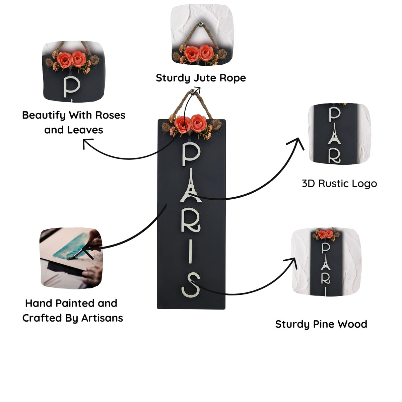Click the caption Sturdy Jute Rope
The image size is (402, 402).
point(201,78)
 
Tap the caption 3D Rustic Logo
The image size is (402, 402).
point(339,184)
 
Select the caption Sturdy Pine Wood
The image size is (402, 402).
point(321,324)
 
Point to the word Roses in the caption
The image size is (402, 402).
point(110,115)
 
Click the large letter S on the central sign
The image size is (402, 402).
point(191,284)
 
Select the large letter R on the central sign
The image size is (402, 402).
point(191,221)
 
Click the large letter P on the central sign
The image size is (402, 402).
point(190,154)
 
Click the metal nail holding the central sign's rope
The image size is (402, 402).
point(193,91)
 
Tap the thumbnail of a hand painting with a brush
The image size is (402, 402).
point(71,258)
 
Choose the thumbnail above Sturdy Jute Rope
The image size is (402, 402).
point(202,35)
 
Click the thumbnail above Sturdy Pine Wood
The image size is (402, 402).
point(326,262)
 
